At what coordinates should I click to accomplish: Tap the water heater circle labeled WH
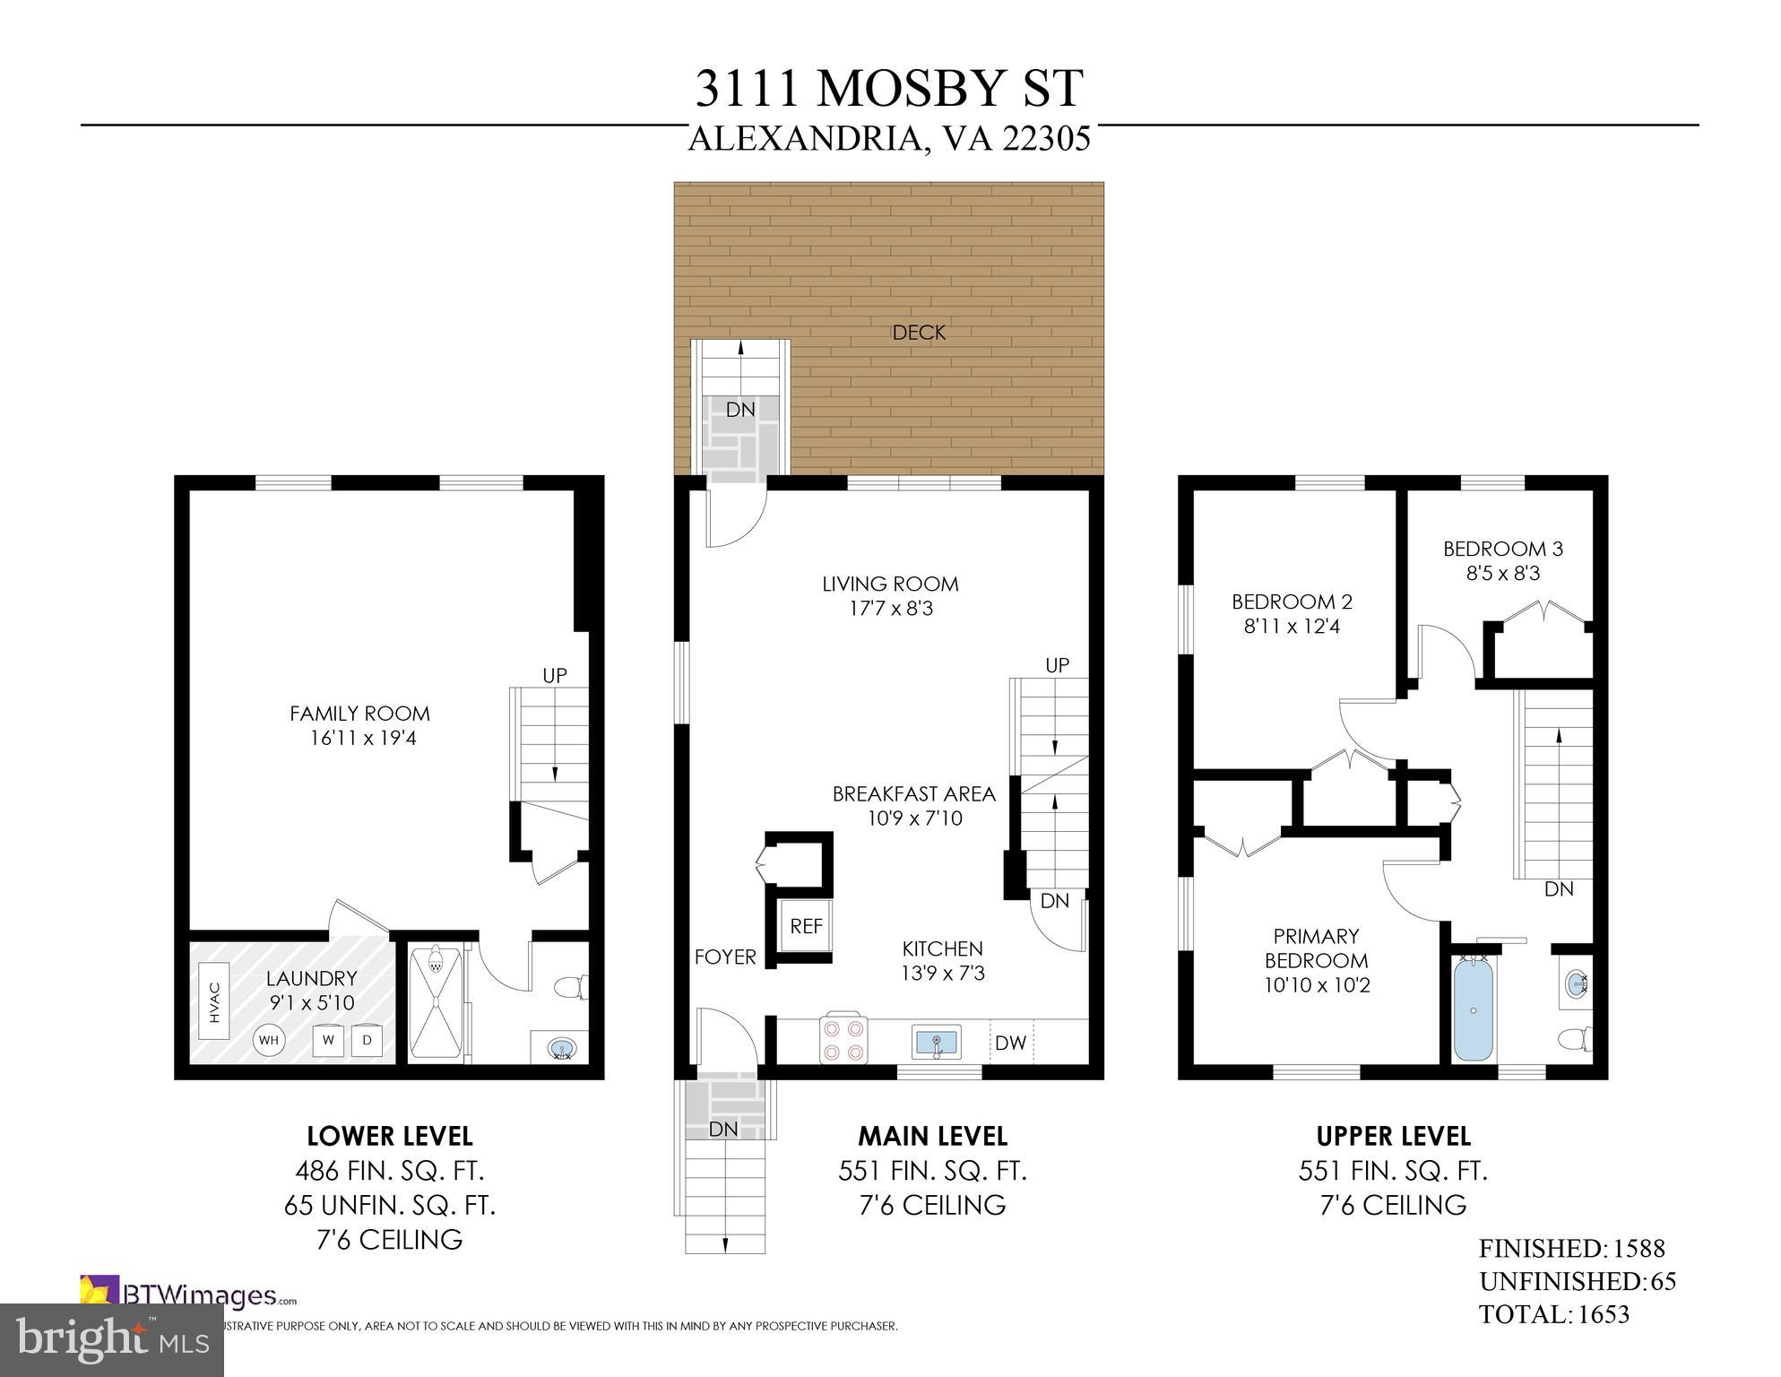click(268, 1041)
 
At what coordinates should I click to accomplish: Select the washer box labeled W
click(329, 1040)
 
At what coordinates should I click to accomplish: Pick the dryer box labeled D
click(367, 1040)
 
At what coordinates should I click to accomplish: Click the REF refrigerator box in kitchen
click(806, 926)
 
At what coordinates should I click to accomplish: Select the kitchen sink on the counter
click(937, 1042)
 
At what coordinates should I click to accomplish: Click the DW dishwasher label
click(1010, 1043)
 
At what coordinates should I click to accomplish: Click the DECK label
click(919, 333)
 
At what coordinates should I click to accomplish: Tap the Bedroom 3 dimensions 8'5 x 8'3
click(1503, 573)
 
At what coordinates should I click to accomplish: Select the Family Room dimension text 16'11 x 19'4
click(359, 739)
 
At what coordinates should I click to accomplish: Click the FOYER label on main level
click(725, 957)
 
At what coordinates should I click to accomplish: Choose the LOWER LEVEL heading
click(389, 1136)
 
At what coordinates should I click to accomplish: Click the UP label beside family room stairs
click(555, 675)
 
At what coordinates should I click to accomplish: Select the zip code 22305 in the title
click(1046, 139)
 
